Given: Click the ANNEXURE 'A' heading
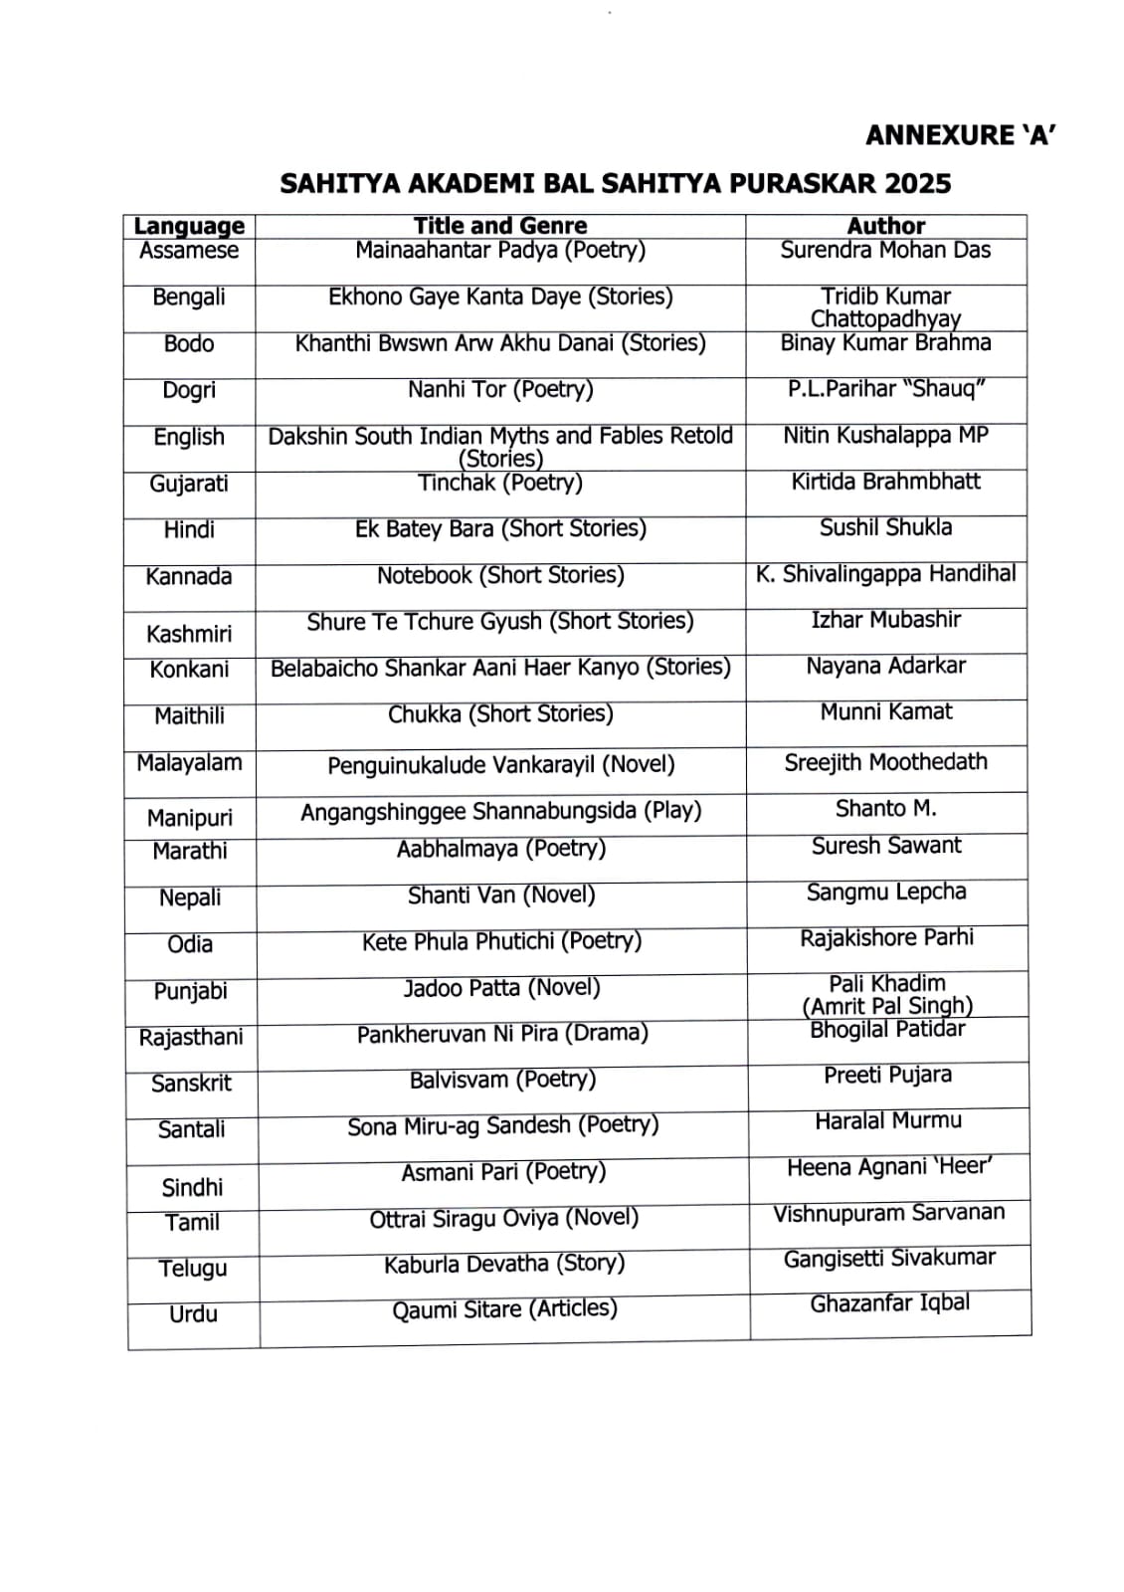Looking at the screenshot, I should click(960, 135).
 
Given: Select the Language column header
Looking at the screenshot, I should click(189, 226).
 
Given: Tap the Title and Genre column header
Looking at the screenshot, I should click(500, 226).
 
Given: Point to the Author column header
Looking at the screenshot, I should click(885, 226).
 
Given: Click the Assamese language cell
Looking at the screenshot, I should click(189, 251).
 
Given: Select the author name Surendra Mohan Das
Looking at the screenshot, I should click(885, 250).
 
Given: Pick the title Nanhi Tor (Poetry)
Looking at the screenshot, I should click(500, 389).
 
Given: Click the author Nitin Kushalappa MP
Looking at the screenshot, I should click(885, 435).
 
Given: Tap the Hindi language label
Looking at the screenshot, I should click(189, 529).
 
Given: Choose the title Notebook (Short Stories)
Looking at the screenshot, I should click(500, 575).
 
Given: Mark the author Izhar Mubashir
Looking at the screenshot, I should click(885, 620).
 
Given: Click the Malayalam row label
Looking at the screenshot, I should click(189, 763).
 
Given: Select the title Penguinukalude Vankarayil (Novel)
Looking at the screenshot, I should click(500, 765).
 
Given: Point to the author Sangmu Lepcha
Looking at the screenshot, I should click(886, 892).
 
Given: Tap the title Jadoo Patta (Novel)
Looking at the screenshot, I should click(501, 988).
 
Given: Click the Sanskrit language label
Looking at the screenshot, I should click(191, 1084).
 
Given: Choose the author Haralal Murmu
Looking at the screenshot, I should click(888, 1121).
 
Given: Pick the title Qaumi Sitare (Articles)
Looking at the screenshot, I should click(504, 1309).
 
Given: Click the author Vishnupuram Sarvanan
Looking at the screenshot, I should click(889, 1213).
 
